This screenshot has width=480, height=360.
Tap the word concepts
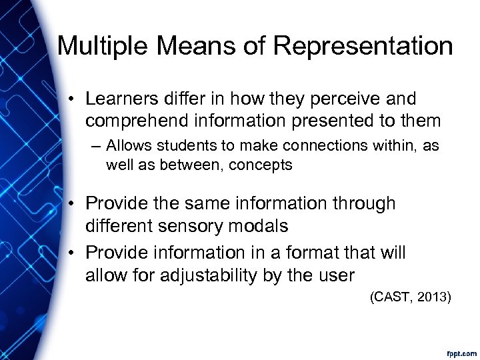[x=261, y=165]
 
